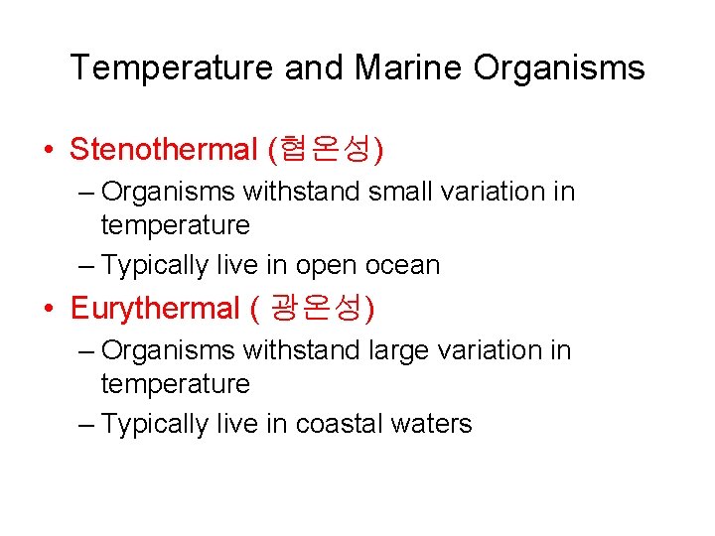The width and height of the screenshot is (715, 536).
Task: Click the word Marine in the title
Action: point(408,67)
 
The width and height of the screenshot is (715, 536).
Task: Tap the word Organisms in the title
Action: point(559,67)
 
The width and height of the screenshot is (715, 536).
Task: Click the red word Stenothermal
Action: point(164,150)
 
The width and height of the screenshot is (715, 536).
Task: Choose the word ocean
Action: point(402,265)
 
